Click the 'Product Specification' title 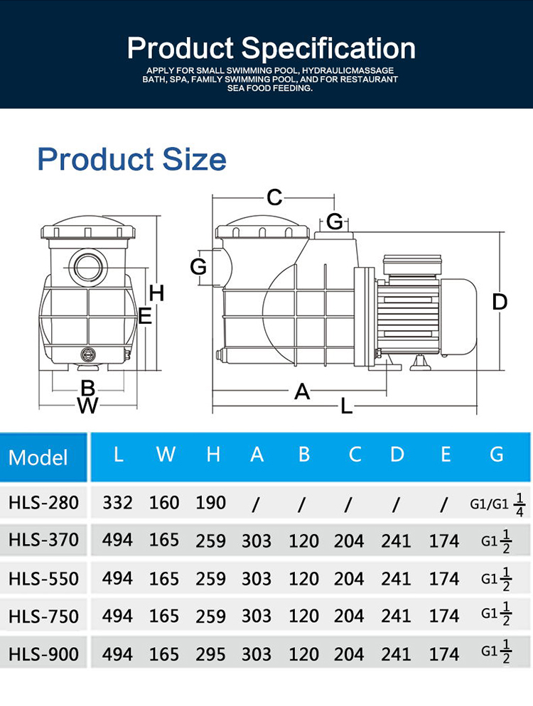click(271, 48)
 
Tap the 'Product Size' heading click(131, 159)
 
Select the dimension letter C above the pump click(274, 197)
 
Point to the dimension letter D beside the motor click(500, 302)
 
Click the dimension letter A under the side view click(302, 391)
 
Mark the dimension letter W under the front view click(88, 406)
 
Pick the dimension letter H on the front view click(156, 293)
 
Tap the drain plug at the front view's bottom click(88, 354)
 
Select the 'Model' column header click(38, 457)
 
